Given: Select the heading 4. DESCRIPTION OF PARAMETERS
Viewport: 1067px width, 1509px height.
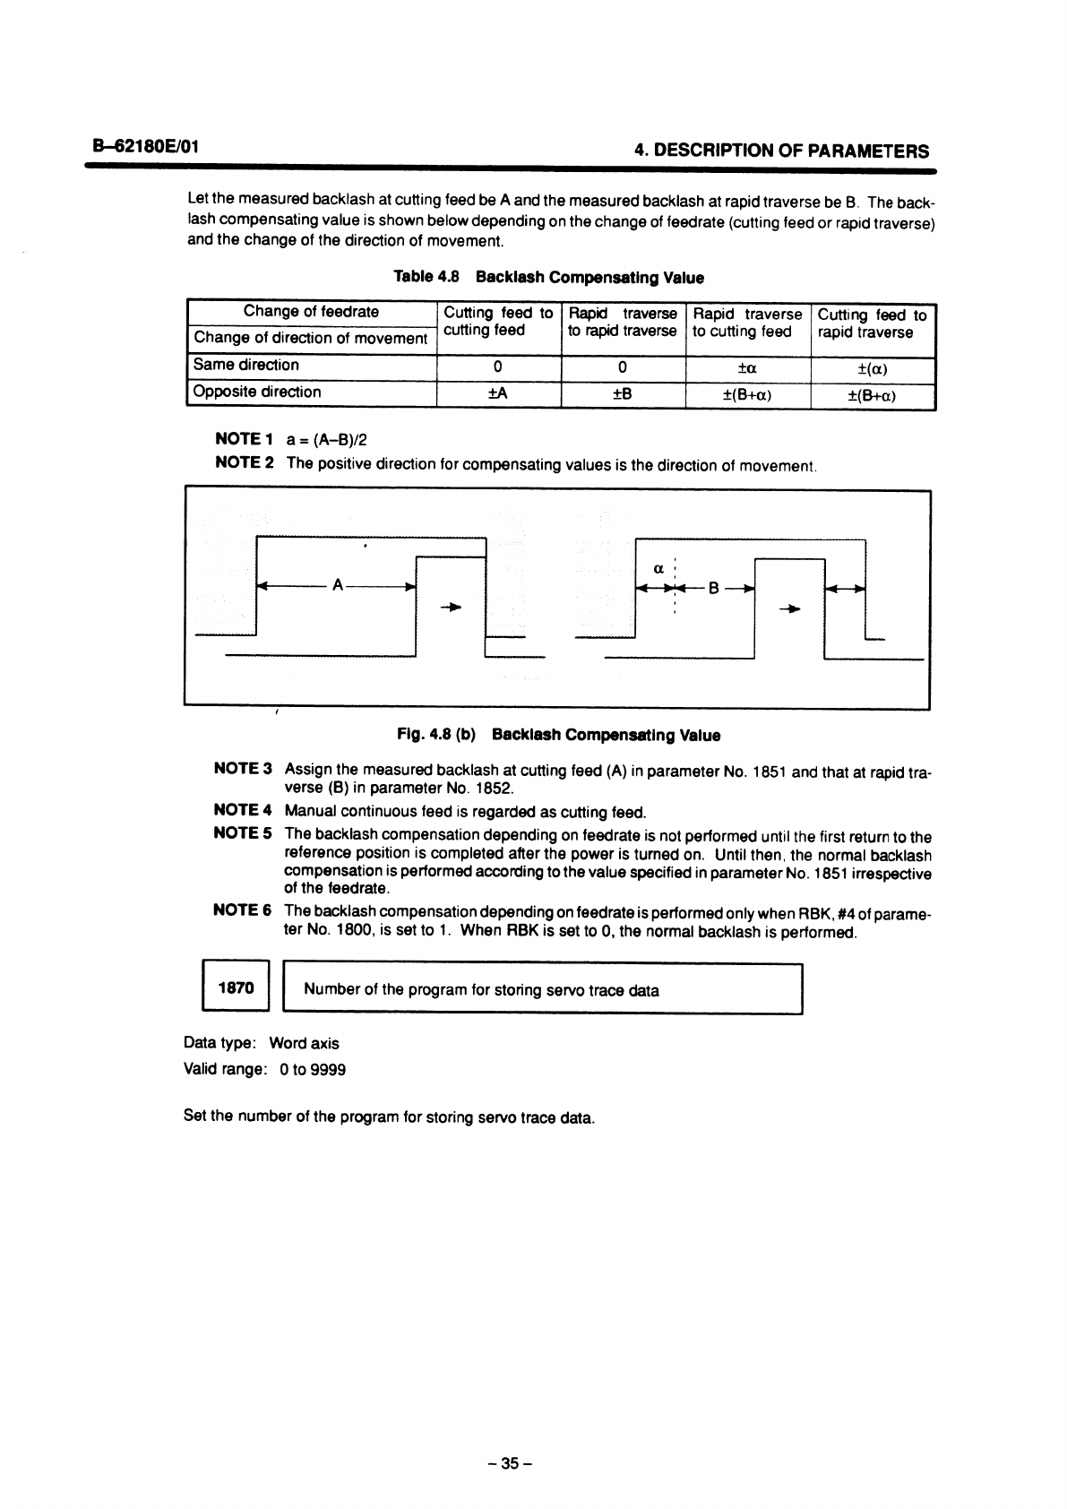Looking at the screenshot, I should pyautogui.click(x=781, y=151).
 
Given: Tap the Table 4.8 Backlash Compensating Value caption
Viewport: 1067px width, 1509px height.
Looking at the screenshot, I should pyautogui.click(x=548, y=278).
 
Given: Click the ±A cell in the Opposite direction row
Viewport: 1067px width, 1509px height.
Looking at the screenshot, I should pyautogui.click(x=498, y=394).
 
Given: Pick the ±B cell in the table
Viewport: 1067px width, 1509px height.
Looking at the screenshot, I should pyautogui.click(x=623, y=394).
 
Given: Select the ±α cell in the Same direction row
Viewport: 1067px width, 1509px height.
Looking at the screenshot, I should pyautogui.click(x=747, y=367).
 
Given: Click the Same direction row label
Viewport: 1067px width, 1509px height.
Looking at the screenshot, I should pyautogui.click(x=246, y=365).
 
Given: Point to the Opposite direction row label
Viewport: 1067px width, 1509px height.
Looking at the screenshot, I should pyautogui.click(x=257, y=392).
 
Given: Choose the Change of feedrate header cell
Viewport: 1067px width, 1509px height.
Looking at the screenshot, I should pyautogui.click(x=311, y=312).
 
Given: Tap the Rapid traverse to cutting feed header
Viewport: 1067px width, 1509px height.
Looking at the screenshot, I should pyautogui.click(x=747, y=323).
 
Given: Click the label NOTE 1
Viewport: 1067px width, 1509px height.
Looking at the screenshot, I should pyautogui.click(x=244, y=439).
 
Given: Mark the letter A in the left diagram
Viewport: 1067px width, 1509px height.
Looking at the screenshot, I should pyautogui.click(x=337, y=586).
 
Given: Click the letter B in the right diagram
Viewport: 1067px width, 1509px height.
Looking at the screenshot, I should pyautogui.click(x=713, y=589).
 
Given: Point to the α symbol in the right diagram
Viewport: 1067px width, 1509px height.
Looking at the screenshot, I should pyautogui.click(x=658, y=567).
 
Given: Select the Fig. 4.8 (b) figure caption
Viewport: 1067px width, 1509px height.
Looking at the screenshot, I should pyautogui.click(x=558, y=736).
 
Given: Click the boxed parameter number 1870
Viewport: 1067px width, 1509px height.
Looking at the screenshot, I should pyautogui.click(x=237, y=988).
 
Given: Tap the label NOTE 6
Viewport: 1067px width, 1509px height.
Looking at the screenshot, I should pyautogui.click(x=243, y=910).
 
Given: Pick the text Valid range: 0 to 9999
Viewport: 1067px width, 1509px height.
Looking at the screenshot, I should pyautogui.click(x=264, y=1070).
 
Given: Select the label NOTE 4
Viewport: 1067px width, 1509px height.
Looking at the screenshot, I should pyautogui.click(x=243, y=811).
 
